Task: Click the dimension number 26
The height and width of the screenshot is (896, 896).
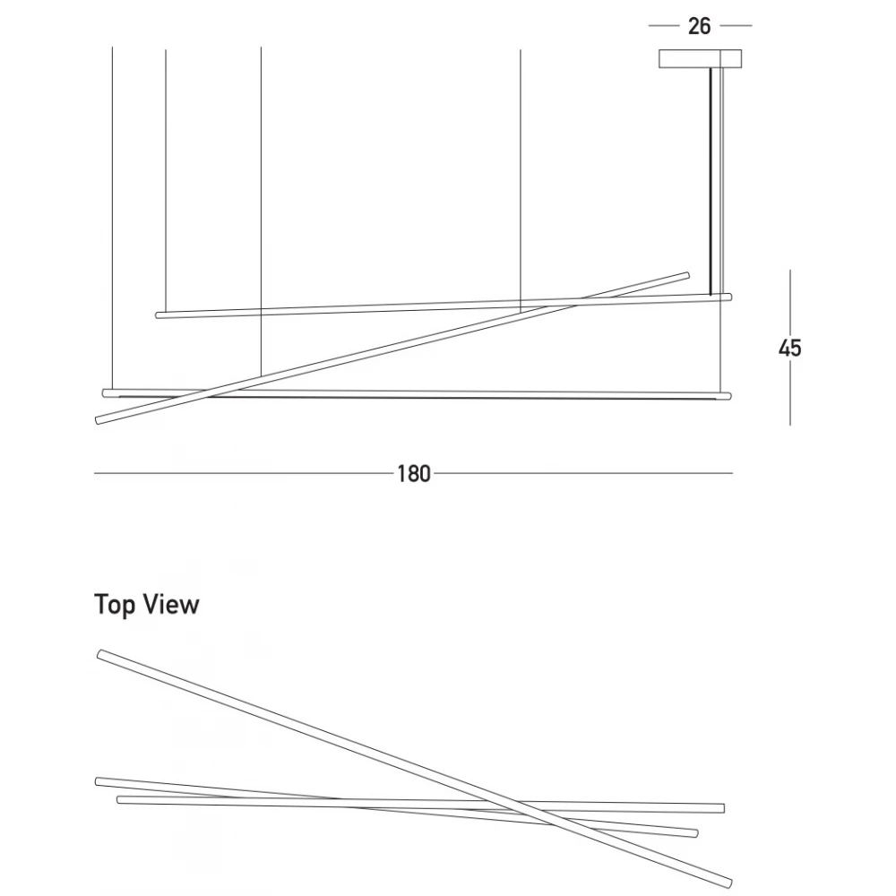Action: click(699, 26)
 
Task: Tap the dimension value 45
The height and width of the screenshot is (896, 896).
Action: click(789, 348)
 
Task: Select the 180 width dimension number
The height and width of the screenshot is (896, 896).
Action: click(413, 474)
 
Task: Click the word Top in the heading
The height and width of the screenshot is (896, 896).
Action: click(115, 606)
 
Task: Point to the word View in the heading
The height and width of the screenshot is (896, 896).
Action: click(171, 605)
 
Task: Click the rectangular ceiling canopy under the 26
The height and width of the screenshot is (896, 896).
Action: click(700, 59)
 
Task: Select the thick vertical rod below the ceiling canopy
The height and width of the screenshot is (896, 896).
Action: click(711, 181)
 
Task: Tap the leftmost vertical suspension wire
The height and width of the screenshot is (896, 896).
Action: click(113, 219)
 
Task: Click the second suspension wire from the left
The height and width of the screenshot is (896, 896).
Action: click(166, 181)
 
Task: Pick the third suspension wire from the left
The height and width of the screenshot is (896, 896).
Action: click(261, 212)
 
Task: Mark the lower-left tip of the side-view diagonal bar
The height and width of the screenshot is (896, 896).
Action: click(98, 421)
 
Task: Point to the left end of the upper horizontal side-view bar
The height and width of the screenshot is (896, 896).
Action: click(159, 314)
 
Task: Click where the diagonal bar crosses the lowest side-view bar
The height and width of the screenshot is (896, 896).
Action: click(207, 393)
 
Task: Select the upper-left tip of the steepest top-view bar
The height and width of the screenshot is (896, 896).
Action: click(100, 654)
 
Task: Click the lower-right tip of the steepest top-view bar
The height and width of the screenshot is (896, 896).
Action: click(728, 884)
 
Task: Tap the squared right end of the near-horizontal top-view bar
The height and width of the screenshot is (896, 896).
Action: click(723, 808)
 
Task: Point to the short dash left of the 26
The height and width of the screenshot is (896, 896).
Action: click(663, 26)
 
